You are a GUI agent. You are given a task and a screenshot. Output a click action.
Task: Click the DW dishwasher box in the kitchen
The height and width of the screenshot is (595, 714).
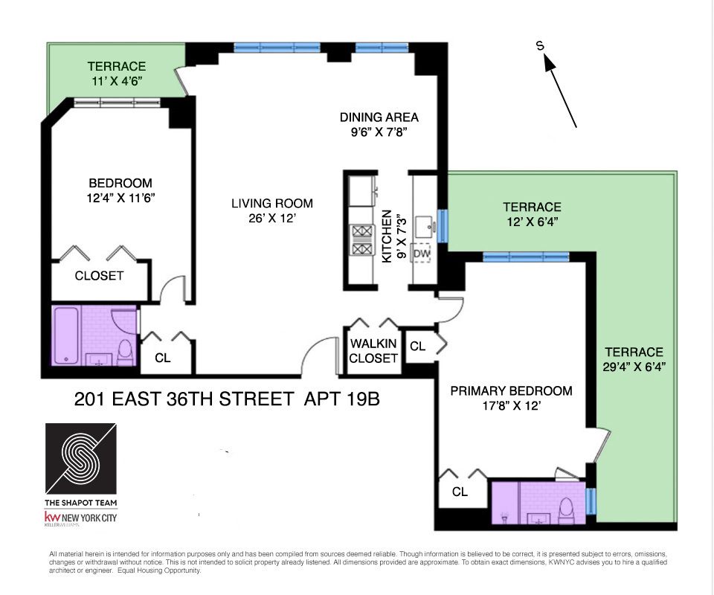click(422, 254)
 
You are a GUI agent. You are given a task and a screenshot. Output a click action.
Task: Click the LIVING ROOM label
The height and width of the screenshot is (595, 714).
click(271, 203)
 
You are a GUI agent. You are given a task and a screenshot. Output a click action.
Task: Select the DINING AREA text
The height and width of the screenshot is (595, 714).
click(379, 118)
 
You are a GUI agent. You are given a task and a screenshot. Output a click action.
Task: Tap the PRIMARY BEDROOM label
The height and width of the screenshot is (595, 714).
click(511, 390)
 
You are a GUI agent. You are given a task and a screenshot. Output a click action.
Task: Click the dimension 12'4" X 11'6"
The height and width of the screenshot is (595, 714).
click(120, 198)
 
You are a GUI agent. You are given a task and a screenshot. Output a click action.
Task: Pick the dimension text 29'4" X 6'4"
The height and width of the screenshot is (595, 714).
click(633, 366)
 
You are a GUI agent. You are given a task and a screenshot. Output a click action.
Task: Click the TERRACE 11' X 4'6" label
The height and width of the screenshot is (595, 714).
click(116, 74)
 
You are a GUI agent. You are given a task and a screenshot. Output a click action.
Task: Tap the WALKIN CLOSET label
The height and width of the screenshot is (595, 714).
click(373, 350)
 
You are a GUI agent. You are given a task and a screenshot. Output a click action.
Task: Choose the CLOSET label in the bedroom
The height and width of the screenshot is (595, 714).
click(99, 276)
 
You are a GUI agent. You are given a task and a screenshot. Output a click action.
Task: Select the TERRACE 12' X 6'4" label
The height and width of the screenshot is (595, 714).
click(531, 213)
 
